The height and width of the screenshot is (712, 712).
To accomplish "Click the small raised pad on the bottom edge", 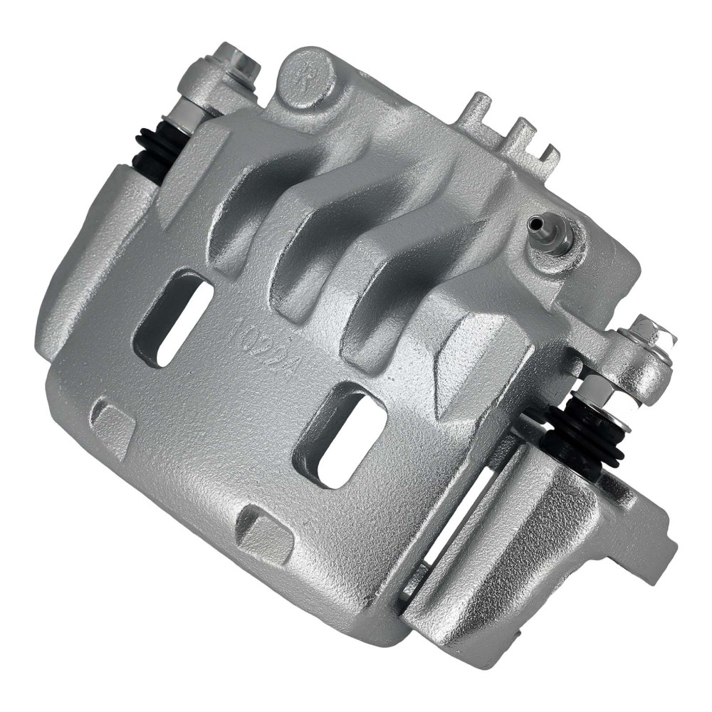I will coord(263,528).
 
